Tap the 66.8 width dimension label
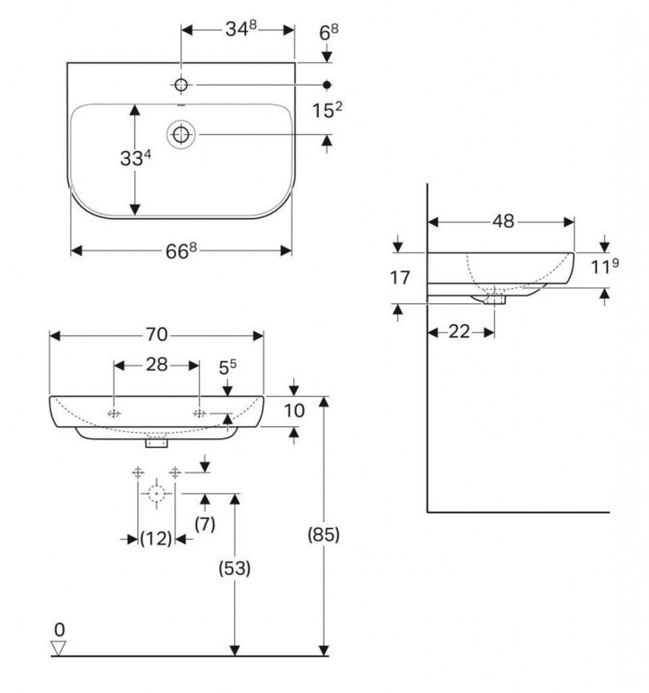pos(181,250)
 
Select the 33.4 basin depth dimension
pos(135,158)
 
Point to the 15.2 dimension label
pos(327,110)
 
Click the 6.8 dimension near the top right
pos(329,32)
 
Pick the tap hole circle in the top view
pos(181,85)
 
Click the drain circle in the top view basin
pos(181,134)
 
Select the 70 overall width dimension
pos(156,334)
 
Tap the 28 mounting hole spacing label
pos(156,365)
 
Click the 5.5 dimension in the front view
pos(228,367)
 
